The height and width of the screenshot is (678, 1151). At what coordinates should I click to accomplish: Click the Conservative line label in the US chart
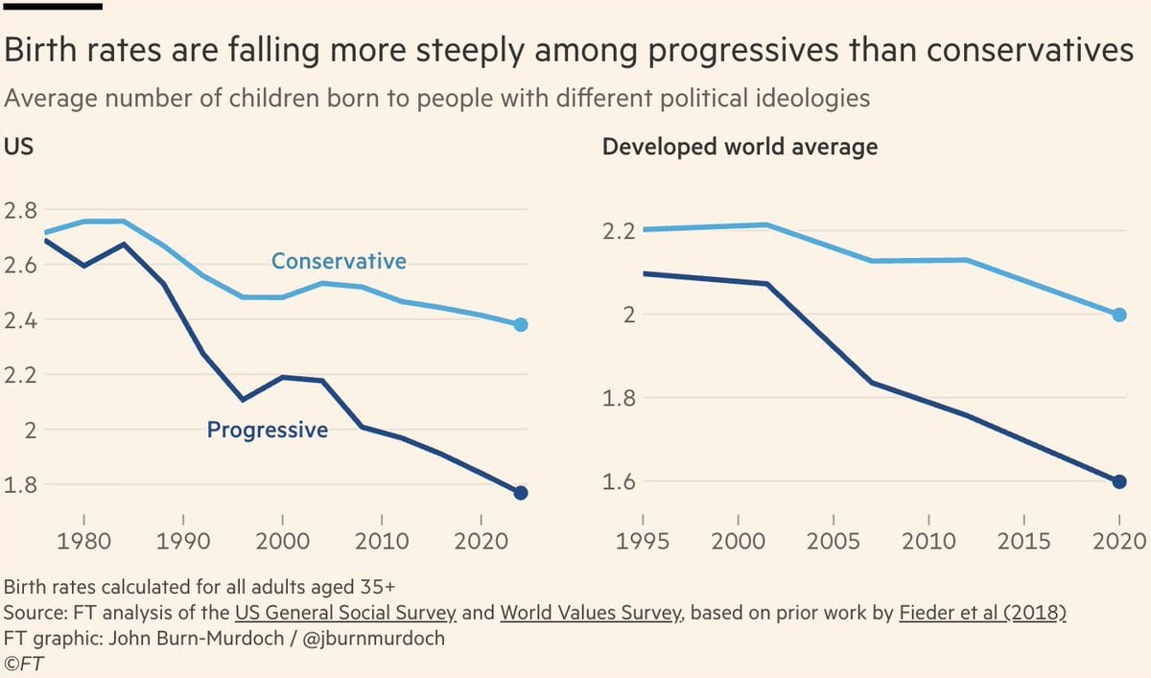339,261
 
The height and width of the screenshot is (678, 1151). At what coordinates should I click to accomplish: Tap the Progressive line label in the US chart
268,431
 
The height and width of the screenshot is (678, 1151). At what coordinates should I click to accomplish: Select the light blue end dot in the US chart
521,324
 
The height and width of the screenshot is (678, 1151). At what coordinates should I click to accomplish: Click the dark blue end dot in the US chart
521,493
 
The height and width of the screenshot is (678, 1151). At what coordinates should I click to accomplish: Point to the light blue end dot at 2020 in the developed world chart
1118,315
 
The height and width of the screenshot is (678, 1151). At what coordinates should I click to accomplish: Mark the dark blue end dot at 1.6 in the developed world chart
1118,481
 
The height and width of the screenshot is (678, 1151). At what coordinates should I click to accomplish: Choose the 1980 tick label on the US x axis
84,541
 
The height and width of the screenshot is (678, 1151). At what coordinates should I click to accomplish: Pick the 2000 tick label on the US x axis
282,541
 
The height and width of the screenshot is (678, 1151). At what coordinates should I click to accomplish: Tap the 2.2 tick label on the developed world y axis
620,231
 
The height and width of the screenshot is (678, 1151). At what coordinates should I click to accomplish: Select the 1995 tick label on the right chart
642,541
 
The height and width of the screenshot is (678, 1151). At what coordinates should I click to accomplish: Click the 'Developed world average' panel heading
740,147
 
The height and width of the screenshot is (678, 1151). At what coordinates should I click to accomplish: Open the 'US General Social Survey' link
345,613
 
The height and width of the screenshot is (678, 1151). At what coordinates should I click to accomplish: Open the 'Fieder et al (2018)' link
983,613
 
